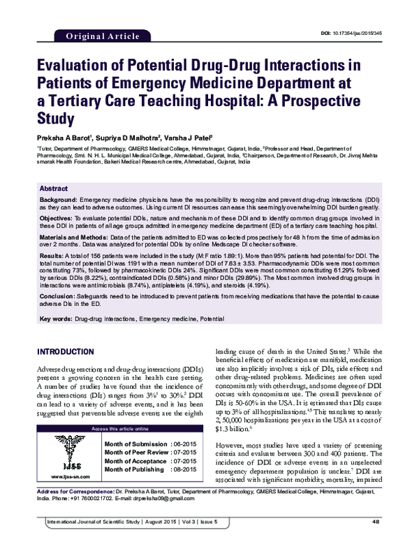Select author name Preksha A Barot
pos(59,138)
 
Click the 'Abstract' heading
pos(54,189)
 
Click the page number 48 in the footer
pos(376,522)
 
